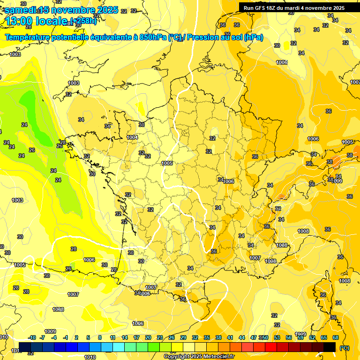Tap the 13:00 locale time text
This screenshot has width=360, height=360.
[37, 21]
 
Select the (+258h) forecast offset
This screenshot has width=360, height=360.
[83, 20]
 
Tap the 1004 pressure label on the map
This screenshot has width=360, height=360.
[132, 137]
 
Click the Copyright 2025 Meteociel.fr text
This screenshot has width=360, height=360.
[199, 356]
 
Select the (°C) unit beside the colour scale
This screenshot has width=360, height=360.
[344, 348]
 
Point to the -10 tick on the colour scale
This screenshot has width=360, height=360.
[32, 337]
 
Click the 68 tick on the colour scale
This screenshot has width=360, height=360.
[336, 337]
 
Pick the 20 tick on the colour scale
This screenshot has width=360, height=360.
[148, 337]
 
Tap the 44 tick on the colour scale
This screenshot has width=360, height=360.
[242, 337]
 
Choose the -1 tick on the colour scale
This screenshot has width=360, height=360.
[66, 337]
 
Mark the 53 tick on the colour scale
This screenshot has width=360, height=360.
[277, 337]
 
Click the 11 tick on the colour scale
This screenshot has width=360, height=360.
[112, 337]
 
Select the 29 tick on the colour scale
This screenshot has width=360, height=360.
[183, 337]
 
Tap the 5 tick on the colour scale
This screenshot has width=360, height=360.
[89, 337]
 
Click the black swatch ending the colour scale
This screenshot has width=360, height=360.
[330, 347]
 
